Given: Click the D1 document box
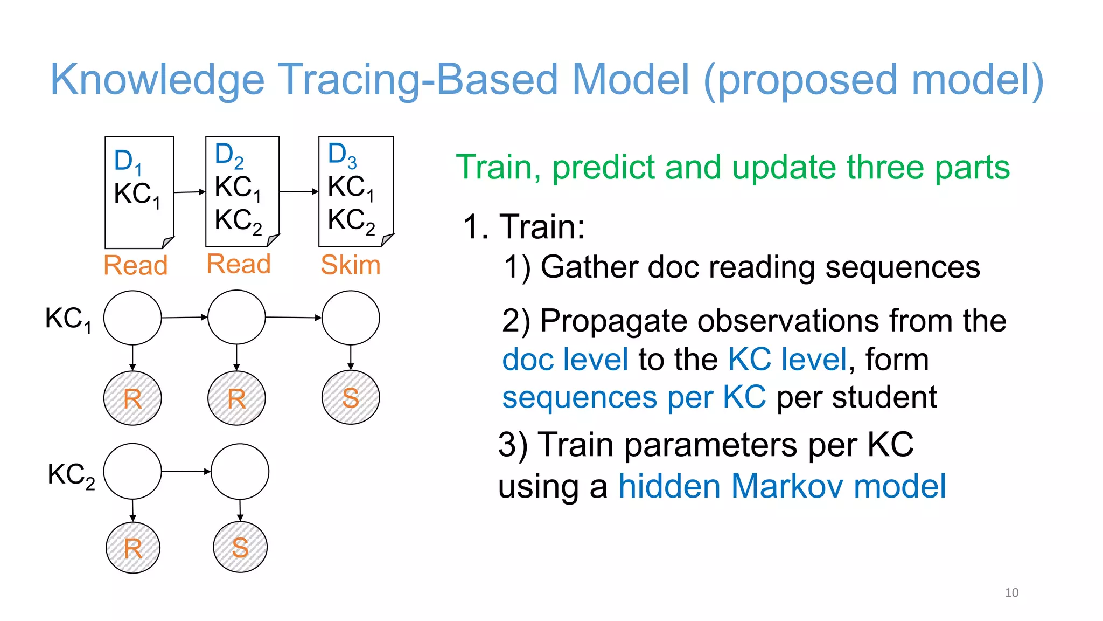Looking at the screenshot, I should click(139, 192).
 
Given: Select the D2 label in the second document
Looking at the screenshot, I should click(228, 155).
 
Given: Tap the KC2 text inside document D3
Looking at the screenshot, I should click(351, 220).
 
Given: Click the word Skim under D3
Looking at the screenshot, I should click(350, 265).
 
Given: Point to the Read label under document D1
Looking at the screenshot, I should click(136, 265).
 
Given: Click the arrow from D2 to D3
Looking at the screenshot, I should click(298, 191).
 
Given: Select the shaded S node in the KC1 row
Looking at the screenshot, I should click(351, 398).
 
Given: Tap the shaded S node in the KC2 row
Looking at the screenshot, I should click(240, 547).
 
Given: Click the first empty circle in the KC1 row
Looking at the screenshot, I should click(132, 318).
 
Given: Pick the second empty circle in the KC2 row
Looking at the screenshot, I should click(240, 472).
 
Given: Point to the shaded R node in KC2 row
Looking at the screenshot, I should click(132, 548).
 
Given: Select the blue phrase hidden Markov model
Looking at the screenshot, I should click(781, 486).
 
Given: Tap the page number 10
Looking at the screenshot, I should click(1011, 592).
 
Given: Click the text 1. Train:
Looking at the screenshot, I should click(523, 226).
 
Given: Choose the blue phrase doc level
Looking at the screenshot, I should click(565, 360).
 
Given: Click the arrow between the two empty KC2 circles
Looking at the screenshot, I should click(186, 472).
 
